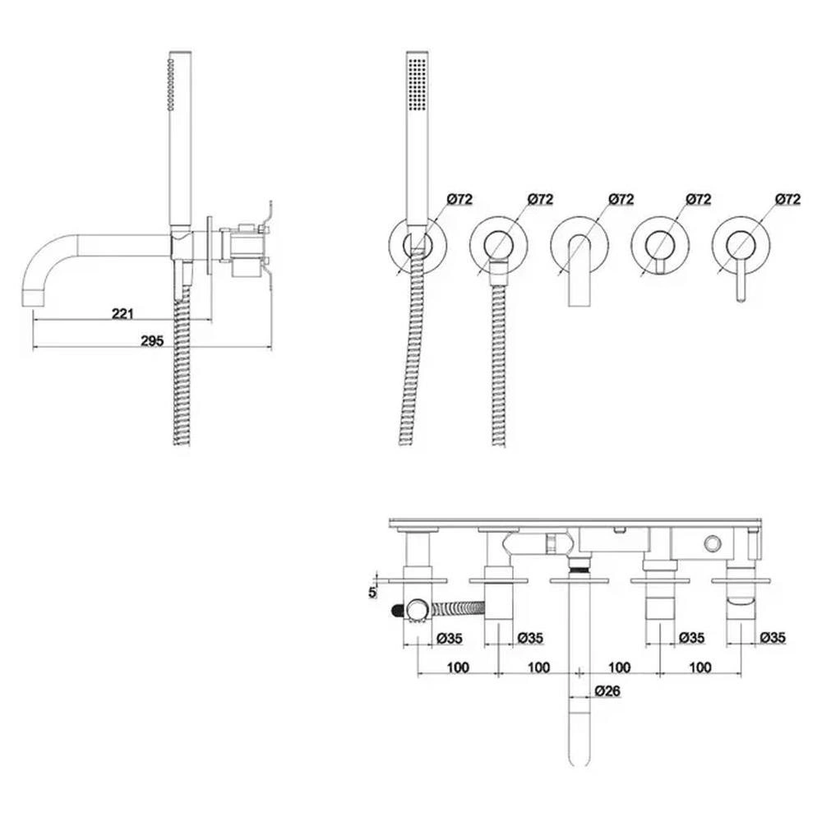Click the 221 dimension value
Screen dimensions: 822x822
tap(122, 313)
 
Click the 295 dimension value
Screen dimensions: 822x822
tap(152, 341)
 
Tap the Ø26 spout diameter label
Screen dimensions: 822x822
tap(607, 691)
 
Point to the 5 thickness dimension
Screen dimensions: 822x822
tap(372, 593)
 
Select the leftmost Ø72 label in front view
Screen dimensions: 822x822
tap(459, 199)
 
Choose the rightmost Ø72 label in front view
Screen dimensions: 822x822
tap(788, 199)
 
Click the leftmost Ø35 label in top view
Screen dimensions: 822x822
tap(450, 638)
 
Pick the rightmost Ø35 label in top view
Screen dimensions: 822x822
tap(774, 638)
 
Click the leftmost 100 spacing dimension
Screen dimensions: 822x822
tap(458, 667)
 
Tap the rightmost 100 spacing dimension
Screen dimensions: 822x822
tap(700, 667)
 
